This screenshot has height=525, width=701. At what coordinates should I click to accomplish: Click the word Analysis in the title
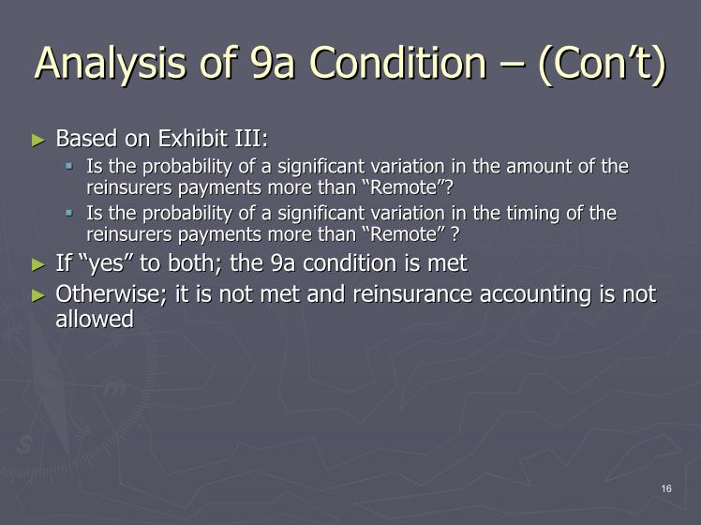pos(110,64)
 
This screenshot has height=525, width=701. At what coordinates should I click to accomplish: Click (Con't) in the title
pos(603,65)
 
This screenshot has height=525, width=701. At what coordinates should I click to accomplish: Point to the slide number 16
pos(666,488)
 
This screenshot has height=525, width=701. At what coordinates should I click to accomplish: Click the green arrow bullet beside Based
pos(38,141)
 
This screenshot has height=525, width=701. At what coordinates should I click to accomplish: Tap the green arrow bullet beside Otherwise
pos(38,295)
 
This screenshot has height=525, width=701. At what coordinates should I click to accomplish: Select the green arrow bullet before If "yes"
pos(38,264)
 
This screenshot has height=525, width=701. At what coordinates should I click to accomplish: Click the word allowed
pos(95,319)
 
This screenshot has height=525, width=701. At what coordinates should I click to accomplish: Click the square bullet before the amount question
pos(68,166)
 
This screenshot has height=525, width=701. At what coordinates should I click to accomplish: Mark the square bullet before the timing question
pos(68,213)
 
